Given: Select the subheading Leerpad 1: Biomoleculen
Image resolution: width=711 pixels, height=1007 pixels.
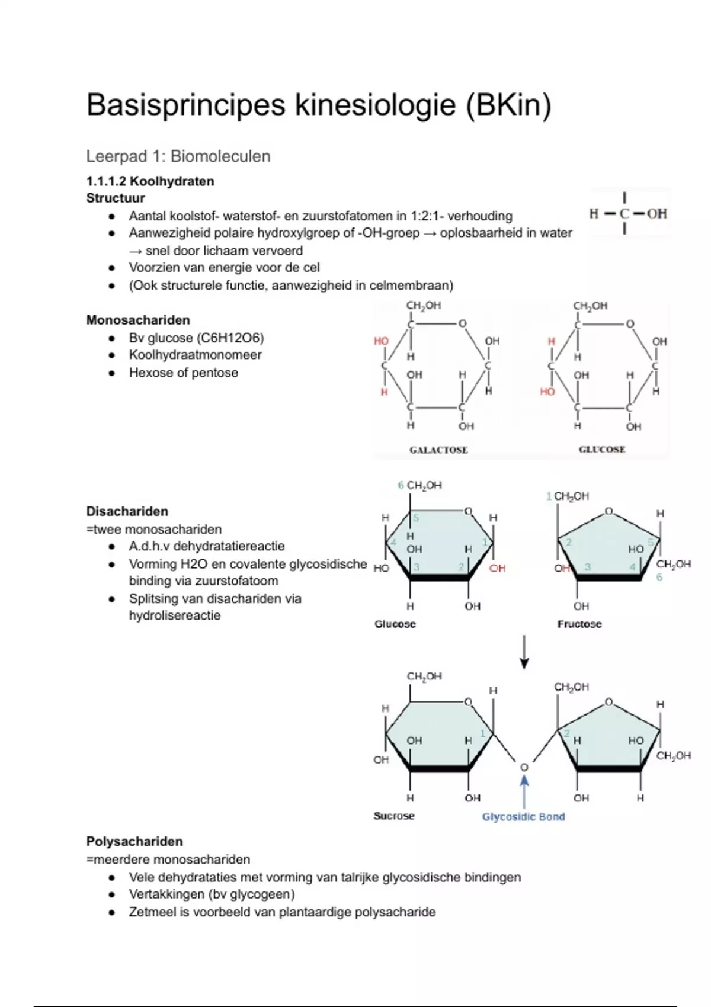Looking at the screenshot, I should point(178,156).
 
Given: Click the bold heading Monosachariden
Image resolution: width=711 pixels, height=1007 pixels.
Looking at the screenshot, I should point(138,320).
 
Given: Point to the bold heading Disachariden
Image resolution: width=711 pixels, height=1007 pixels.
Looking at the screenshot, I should point(127,511).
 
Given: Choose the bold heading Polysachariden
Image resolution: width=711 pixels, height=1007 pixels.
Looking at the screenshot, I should point(134,841).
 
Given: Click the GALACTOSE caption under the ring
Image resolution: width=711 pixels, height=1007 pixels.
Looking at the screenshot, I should point(438,450).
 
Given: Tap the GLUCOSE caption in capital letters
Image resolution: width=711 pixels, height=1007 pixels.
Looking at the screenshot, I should point(602,450).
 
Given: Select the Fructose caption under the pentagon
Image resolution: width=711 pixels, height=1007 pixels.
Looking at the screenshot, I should point(579,624).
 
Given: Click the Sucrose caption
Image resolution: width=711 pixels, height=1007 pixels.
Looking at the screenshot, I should point(394,816).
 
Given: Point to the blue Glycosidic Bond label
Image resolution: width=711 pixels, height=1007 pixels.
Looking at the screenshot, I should point(523,817).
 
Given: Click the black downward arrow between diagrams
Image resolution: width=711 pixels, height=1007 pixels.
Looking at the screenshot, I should point(524,652).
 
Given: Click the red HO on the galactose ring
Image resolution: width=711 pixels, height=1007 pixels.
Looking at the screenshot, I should point(381,341).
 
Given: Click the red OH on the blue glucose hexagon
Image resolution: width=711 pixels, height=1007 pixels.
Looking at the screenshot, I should point(497,568).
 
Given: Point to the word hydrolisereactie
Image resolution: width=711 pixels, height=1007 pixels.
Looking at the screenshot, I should point(175,615).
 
